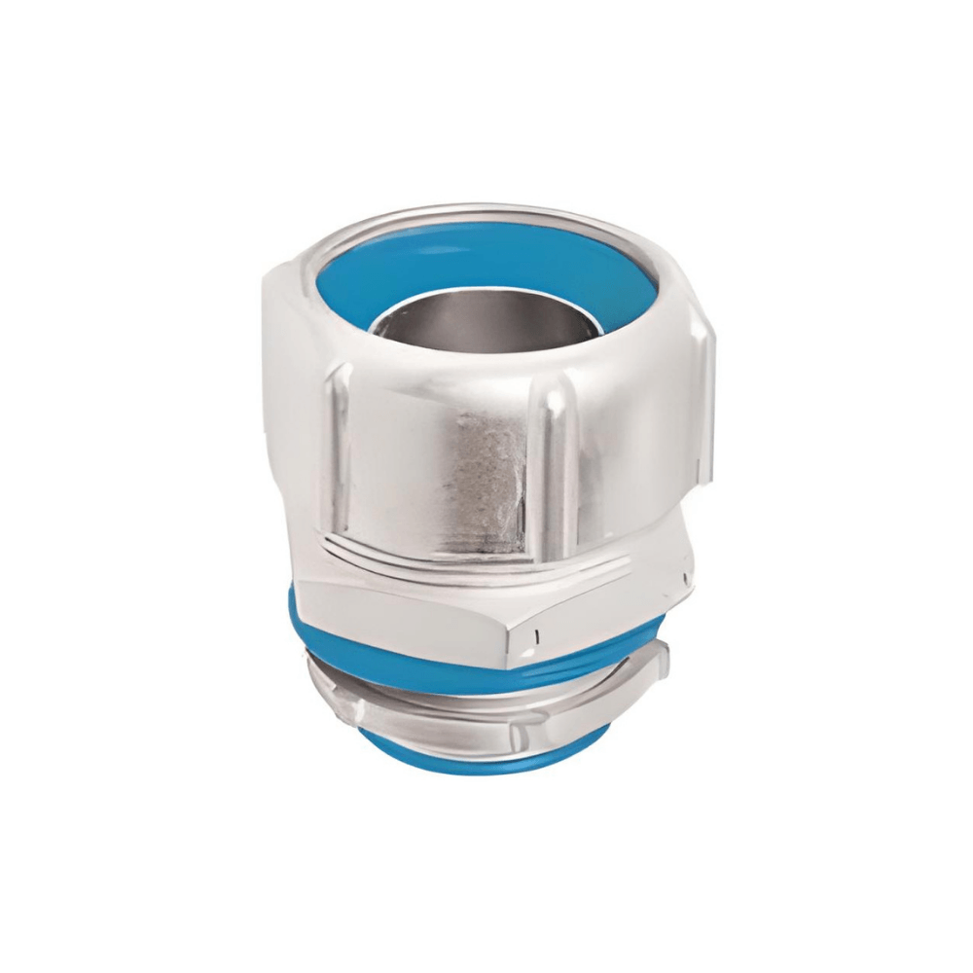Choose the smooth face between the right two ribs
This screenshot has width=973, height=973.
(623, 448)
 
